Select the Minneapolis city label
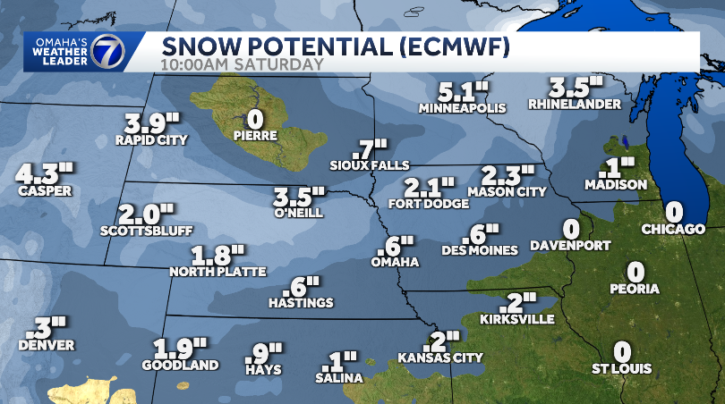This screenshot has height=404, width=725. [462, 108]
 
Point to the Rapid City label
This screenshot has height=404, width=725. [151, 139]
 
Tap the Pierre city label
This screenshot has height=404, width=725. [255, 136]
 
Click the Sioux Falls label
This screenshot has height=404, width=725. [370, 165]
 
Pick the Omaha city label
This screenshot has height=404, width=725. [396, 262]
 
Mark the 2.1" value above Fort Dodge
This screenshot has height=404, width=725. [429, 188]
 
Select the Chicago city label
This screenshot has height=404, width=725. [673, 230]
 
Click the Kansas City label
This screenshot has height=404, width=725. [442, 358]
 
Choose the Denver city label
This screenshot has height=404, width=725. [45, 345]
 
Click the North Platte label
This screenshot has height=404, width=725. [217, 271]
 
